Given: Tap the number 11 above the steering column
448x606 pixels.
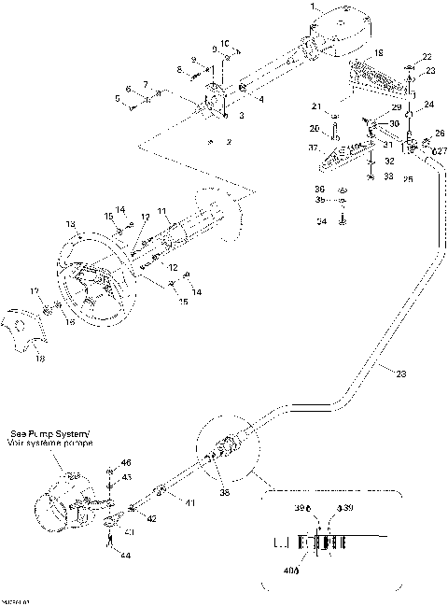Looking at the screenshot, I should (161, 211).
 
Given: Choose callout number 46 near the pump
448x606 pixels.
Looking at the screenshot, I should (127, 462).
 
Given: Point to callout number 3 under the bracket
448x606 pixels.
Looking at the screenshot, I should (241, 115).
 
